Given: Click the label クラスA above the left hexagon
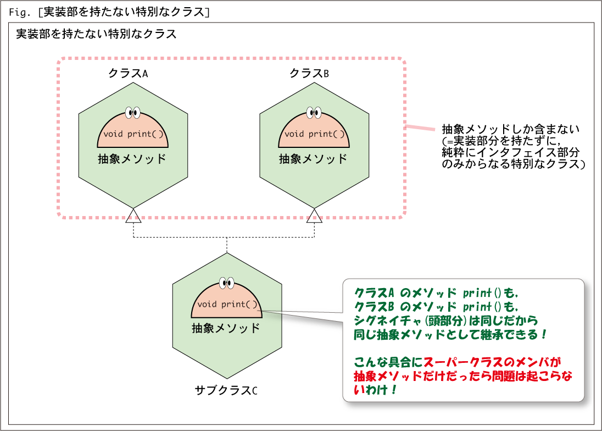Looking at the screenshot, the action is (x=128, y=73).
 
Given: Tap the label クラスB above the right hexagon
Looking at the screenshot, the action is (x=309, y=73).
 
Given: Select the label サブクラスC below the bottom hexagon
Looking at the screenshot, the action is (x=226, y=390).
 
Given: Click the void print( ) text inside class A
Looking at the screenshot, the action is (x=133, y=134).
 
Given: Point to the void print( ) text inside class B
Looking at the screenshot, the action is (x=314, y=134).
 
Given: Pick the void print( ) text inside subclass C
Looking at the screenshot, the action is (x=227, y=304).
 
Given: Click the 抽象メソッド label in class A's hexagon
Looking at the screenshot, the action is (x=132, y=159).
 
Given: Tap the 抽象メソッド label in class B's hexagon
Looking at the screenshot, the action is (x=313, y=159).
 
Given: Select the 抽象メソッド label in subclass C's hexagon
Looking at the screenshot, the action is (x=226, y=328).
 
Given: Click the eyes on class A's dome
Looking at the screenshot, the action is (x=133, y=113).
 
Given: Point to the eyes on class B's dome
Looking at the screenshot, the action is (x=314, y=113).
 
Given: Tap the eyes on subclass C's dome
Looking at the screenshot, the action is (x=226, y=283).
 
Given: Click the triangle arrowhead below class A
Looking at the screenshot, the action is (x=133, y=215).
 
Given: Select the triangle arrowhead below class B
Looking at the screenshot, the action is (x=314, y=215).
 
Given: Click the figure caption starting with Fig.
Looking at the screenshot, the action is (x=109, y=12).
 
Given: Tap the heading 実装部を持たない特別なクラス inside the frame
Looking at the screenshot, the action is (x=96, y=34).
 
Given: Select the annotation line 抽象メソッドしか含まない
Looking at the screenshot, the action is (x=511, y=129).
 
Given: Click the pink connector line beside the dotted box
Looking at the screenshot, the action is (x=420, y=128).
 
